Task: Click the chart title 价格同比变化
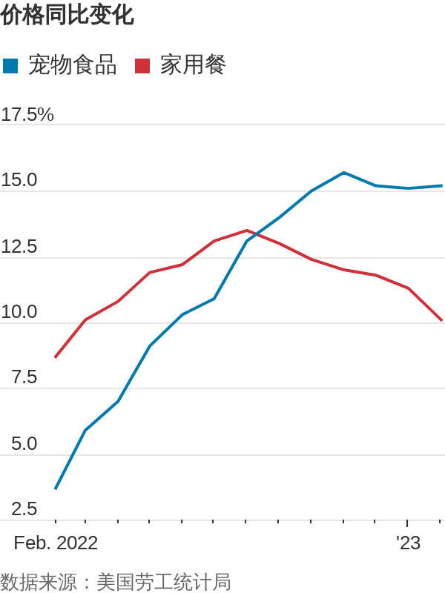click(67, 16)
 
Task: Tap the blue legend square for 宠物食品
click(10, 66)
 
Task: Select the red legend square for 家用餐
click(142, 66)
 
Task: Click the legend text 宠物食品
click(72, 65)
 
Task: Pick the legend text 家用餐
click(193, 65)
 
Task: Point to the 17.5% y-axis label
click(27, 115)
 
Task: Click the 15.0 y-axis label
click(19, 180)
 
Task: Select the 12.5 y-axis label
click(19, 247)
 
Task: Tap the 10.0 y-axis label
click(19, 312)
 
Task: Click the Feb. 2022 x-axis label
click(56, 543)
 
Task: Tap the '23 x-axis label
click(408, 543)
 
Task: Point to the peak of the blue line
click(344, 173)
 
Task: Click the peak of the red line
click(247, 231)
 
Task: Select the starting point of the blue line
click(56, 488)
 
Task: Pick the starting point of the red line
click(56, 357)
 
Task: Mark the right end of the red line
click(441, 320)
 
